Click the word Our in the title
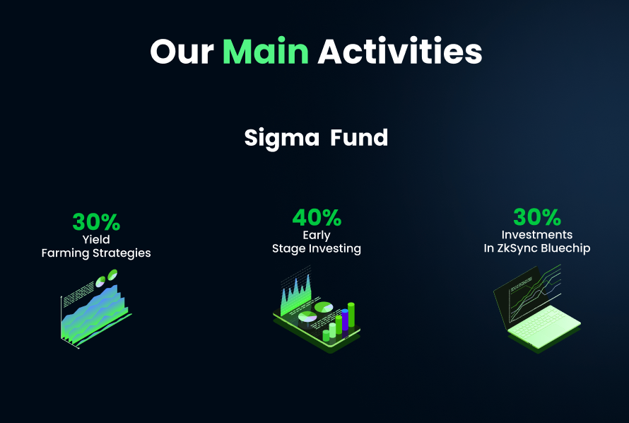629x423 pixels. pyautogui.click(x=182, y=52)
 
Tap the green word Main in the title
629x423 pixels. pyautogui.click(x=266, y=52)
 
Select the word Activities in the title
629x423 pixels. pyautogui.click(x=399, y=52)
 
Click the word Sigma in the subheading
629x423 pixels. pyautogui.click(x=282, y=137)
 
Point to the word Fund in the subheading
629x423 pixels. pyautogui.click(x=359, y=137)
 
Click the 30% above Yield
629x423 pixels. pyautogui.click(x=96, y=222)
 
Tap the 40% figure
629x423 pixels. pyautogui.click(x=317, y=218)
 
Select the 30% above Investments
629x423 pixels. pyautogui.click(x=537, y=217)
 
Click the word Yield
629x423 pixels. pyautogui.click(x=96, y=240)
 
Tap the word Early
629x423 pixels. pyautogui.click(x=317, y=236)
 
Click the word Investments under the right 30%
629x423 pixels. pyautogui.click(x=537, y=236)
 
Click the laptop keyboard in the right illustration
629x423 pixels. pyautogui.click(x=548, y=330)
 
